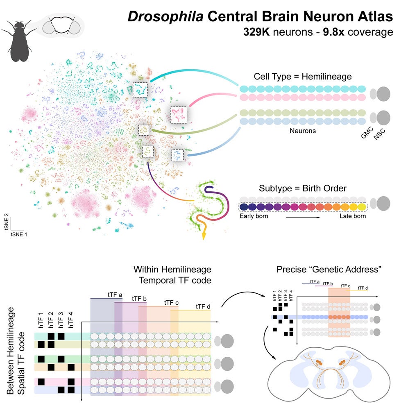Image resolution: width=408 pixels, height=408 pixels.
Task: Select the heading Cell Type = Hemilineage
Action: (303, 77)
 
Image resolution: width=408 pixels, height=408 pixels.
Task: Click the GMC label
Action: (364, 134)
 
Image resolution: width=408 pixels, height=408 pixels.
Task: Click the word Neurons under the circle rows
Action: (303, 131)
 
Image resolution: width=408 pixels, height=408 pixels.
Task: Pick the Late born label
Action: (352, 216)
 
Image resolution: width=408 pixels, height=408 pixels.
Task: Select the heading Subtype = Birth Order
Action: (303, 189)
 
